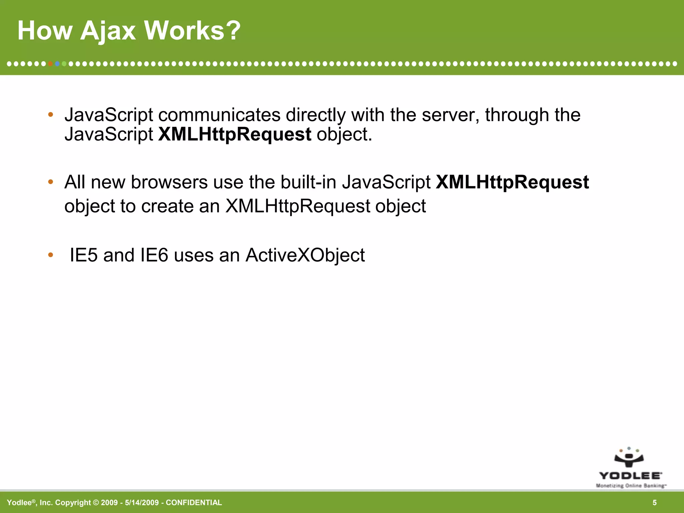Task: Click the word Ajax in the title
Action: coord(108,31)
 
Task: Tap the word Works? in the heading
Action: coord(192,31)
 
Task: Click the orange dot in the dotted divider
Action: coord(50,63)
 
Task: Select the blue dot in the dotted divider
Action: coord(57,63)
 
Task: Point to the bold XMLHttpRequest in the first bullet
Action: coord(234,134)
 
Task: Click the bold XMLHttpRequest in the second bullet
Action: coord(512,182)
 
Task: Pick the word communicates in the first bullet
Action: coord(219,115)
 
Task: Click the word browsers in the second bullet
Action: coord(169,182)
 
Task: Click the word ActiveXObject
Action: coord(305,255)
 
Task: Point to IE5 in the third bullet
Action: coord(83,255)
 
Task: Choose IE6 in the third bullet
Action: coord(154,255)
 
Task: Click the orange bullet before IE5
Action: coord(51,255)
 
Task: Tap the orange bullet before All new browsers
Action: coord(51,182)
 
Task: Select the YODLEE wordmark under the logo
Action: coord(630,476)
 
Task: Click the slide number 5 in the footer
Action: coord(655,503)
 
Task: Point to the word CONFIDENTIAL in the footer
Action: coord(194,503)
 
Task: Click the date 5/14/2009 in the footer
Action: coord(142,503)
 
